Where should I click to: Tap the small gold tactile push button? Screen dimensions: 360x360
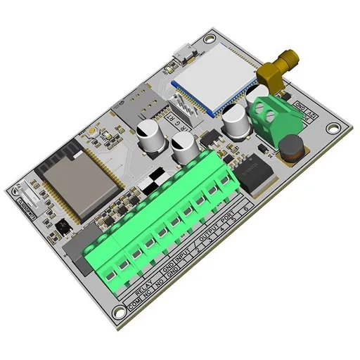point(92,131)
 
